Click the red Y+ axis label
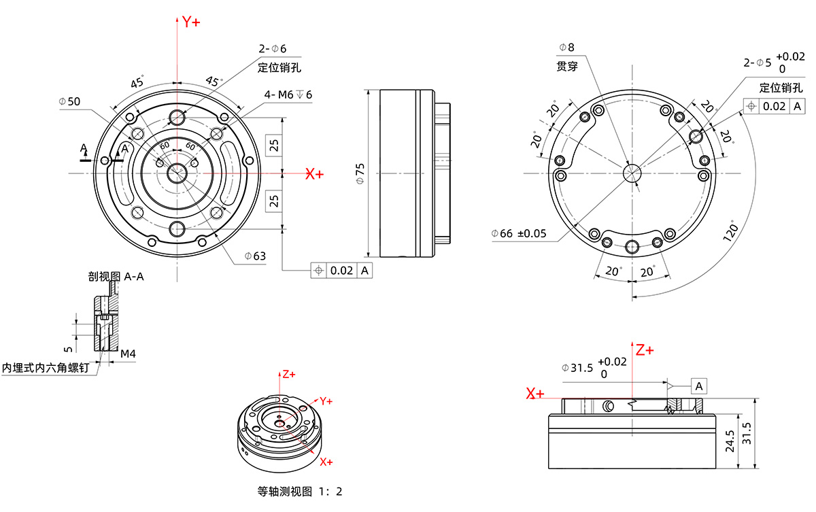pyautogui.click(x=191, y=22)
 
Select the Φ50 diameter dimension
pyautogui.click(x=69, y=101)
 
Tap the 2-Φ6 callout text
pyautogui.click(x=273, y=48)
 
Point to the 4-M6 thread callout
pyautogui.click(x=288, y=95)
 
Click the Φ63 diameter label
pyautogui.click(x=255, y=256)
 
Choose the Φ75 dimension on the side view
pyautogui.click(x=360, y=173)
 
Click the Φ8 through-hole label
pyautogui.click(x=567, y=48)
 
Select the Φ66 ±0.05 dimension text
pyautogui.click(x=519, y=233)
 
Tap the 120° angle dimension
pyautogui.click(x=730, y=231)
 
